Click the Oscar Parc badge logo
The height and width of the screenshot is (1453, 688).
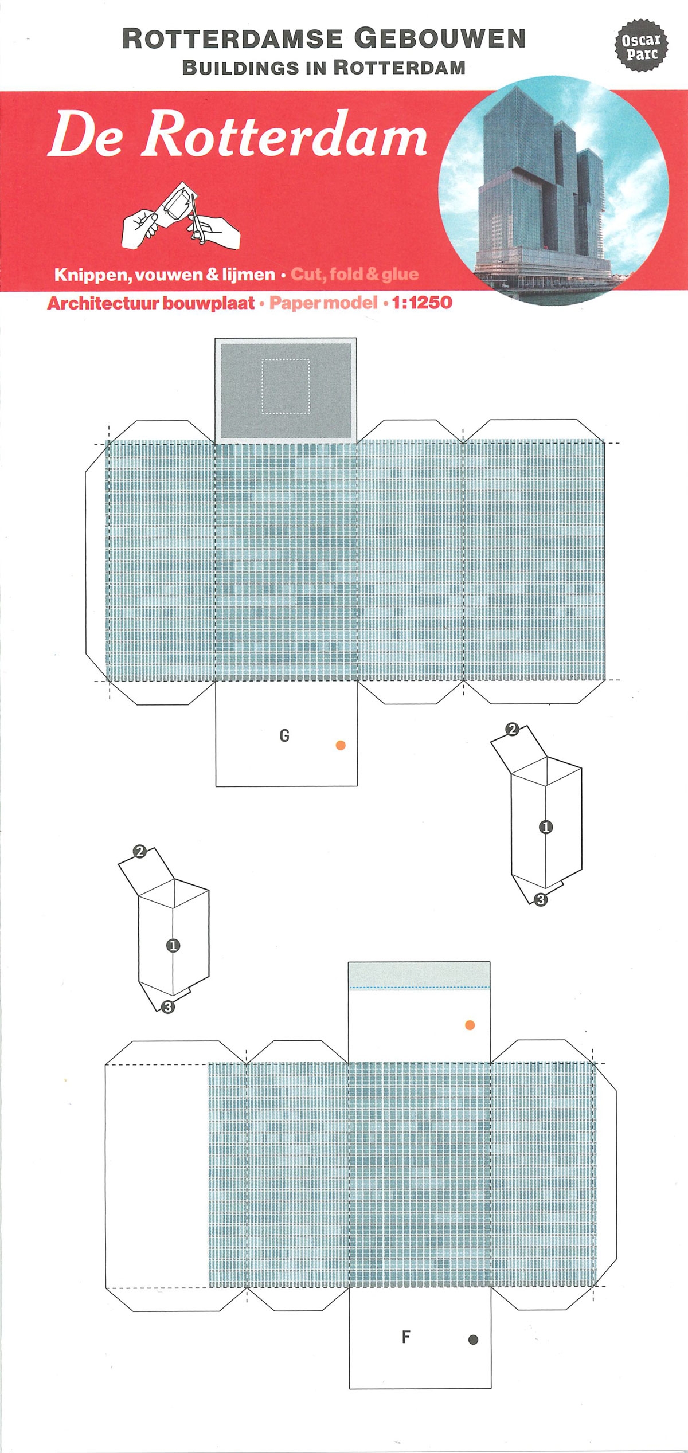(641, 48)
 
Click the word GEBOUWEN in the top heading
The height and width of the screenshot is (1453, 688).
(439, 40)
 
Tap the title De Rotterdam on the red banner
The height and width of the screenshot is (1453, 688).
(237, 135)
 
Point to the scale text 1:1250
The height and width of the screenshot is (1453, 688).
(422, 303)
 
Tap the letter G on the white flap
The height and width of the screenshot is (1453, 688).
(284, 735)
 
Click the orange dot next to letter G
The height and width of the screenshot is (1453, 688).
(341, 745)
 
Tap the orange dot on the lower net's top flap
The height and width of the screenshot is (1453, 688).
(470, 1025)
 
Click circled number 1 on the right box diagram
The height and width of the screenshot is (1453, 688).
(546, 827)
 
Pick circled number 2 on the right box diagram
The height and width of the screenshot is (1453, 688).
(513, 730)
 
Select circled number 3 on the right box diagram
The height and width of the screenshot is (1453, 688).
(540, 900)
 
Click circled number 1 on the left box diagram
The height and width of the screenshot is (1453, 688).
(173, 946)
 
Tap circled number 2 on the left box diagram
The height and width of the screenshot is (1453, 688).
(139, 851)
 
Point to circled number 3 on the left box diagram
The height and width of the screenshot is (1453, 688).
(167, 1022)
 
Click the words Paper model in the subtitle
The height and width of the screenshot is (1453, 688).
(323, 303)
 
